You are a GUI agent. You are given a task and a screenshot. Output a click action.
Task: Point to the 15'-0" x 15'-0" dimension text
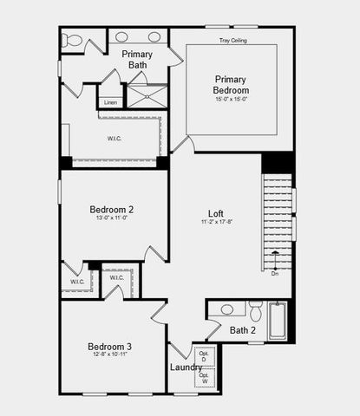tap(232, 99)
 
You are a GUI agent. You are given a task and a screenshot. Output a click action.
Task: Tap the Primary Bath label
tap(138, 59)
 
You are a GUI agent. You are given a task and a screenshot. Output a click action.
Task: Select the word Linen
tap(110, 102)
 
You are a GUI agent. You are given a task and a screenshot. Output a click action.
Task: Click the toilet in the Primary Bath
tap(73, 40)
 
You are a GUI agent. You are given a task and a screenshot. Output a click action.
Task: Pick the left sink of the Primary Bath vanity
tap(122, 37)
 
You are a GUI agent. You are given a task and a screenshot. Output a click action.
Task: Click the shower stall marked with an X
tap(147, 94)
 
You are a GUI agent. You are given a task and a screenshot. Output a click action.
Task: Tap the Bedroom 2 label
tap(111, 209)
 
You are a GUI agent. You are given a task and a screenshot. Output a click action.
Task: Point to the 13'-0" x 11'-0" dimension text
tap(111, 218)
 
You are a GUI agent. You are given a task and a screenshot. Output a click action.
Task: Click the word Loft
tap(216, 213)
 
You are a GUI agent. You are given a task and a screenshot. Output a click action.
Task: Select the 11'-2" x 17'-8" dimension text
tap(216, 223)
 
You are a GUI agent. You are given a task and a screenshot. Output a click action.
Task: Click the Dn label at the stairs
tap(275, 274)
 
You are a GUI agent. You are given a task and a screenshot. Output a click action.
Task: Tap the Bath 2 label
tap(242, 329)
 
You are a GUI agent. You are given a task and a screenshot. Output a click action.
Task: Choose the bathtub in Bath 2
tap(278, 319)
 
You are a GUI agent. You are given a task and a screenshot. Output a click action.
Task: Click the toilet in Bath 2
tap(255, 310)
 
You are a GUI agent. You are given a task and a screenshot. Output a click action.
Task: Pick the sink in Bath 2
tap(227, 309)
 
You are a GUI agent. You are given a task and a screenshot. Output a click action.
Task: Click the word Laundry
tap(186, 367)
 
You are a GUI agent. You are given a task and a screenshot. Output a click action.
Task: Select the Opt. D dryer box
tap(205, 357)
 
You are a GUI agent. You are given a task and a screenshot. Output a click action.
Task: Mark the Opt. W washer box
tap(205, 378)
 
